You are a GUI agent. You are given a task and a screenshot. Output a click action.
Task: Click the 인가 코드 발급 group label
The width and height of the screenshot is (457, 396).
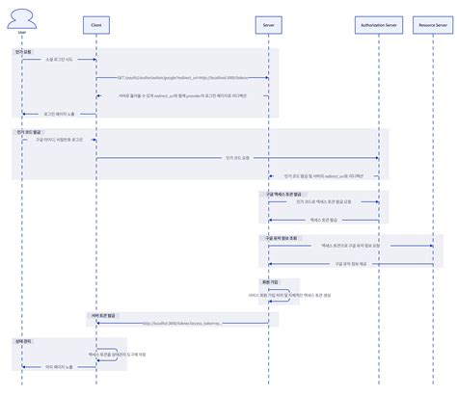click(x=26, y=131)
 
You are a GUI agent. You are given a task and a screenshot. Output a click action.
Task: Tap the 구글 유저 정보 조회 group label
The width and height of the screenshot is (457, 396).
click(x=281, y=237)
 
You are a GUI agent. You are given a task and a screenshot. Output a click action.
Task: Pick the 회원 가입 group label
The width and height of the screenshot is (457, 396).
click(x=257, y=281)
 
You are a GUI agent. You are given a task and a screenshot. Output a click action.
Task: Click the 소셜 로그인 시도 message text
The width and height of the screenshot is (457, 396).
click(x=58, y=60)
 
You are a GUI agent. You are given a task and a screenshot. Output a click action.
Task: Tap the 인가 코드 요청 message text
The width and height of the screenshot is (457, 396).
click(x=236, y=156)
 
